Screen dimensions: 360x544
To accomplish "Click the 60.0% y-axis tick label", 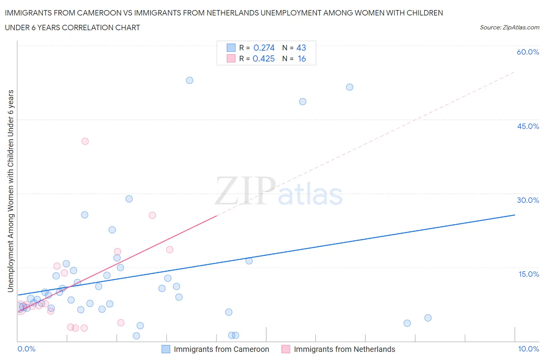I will pyautogui.click(x=528, y=52).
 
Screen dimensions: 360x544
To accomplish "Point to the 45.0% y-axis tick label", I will pyautogui.click(x=528, y=126).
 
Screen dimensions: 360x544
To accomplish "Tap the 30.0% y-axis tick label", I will pyautogui.click(x=528, y=200).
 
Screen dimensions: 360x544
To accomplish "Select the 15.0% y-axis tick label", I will pyautogui.click(x=529, y=274).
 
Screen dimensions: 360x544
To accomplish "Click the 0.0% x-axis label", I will pyautogui.click(x=26, y=349).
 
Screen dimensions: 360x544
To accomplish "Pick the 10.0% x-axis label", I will pyautogui.click(x=529, y=349).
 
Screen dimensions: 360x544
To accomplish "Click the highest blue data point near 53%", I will pyautogui.click(x=190, y=81).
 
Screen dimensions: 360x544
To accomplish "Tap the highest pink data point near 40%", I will pyautogui.click(x=85, y=141).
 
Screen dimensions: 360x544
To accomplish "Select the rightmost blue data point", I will pyautogui.click(x=428, y=318).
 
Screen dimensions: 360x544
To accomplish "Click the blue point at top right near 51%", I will pyautogui.click(x=350, y=87).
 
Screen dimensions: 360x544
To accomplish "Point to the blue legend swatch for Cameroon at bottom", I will pyautogui.click(x=166, y=349).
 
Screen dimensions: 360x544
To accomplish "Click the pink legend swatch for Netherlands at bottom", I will pyautogui.click(x=286, y=349).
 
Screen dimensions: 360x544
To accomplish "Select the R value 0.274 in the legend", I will pyautogui.click(x=264, y=48).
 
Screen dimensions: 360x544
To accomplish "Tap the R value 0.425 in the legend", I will pyautogui.click(x=263, y=58).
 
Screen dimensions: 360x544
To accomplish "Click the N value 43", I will pyautogui.click(x=301, y=48).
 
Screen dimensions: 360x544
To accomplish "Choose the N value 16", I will pyautogui.click(x=302, y=58).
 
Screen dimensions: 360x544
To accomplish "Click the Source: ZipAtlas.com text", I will pyautogui.click(x=509, y=27).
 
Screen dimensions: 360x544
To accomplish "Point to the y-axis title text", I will pyautogui.click(x=10, y=191).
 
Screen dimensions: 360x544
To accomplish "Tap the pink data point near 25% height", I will pyautogui.click(x=152, y=215).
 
